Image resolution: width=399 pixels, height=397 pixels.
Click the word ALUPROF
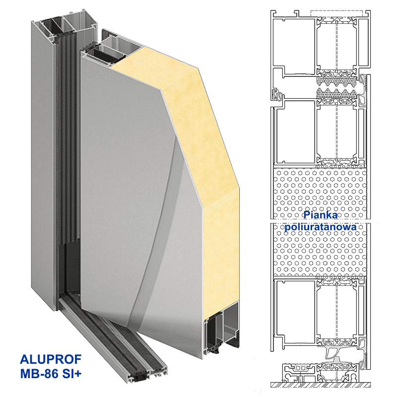[x=51, y=360]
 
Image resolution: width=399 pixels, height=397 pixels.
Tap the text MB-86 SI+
[x=51, y=374]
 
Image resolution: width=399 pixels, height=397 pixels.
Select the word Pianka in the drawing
[x=321, y=215]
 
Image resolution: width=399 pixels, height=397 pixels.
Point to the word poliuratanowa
[x=321, y=227]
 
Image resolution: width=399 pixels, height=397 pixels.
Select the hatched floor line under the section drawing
[x=321, y=385]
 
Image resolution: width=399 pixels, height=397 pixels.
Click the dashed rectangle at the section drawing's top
[x=336, y=14]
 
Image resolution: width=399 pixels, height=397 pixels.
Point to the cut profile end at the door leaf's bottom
[x=222, y=329]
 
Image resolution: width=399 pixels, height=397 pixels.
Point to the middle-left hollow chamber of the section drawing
[x=296, y=132]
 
